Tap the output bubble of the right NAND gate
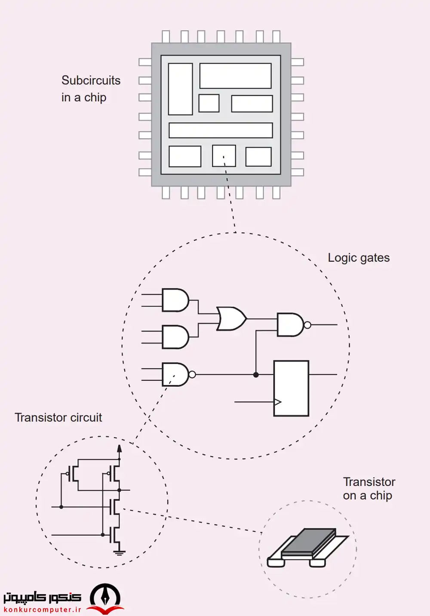tap(307, 325)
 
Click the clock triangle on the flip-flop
tap(277, 402)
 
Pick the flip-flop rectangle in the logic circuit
tap(291, 388)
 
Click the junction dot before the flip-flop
tap(256, 375)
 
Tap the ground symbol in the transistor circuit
tap(119, 552)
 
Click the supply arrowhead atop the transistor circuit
tap(120, 449)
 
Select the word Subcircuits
tap(91, 80)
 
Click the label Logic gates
tap(359, 258)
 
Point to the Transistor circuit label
tap(58, 417)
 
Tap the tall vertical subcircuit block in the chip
tap(180, 89)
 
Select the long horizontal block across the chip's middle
tap(221, 130)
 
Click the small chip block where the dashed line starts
tap(224, 155)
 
